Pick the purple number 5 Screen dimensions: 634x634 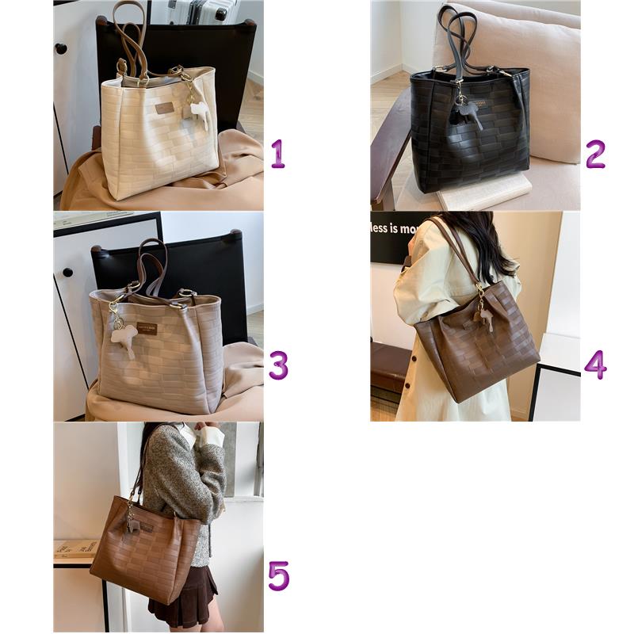tap(277, 576)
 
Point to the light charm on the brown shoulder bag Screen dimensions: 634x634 tap(484, 316)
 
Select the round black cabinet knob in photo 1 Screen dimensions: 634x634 tap(61, 49)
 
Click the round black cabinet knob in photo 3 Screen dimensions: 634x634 tap(68, 272)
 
